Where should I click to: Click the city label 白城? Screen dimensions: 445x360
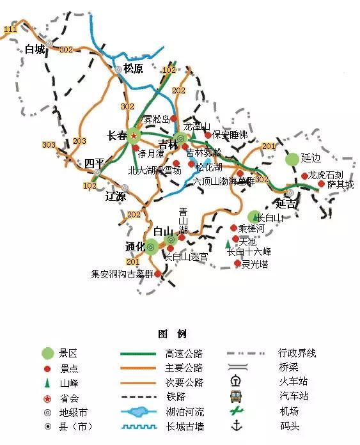(x=35, y=49)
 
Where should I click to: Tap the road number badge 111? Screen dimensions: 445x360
(x=10, y=30)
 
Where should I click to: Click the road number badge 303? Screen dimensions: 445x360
(x=49, y=145)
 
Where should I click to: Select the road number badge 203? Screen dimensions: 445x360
(x=80, y=141)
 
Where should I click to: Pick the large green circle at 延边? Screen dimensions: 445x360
(x=292, y=159)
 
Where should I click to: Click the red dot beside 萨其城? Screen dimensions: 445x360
(x=321, y=183)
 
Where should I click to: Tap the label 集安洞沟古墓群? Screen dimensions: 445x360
(x=122, y=274)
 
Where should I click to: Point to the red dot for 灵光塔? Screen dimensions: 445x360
(x=237, y=263)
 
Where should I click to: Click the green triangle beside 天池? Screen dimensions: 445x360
(x=228, y=244)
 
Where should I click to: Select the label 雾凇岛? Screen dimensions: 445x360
(x=156, y=119)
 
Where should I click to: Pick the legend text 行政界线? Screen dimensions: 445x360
(x=297, y=353)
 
